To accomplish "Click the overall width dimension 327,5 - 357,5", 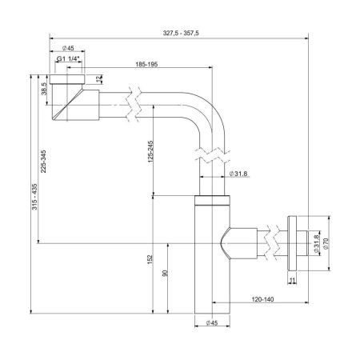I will point(180,34).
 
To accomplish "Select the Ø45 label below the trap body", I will point(212,322).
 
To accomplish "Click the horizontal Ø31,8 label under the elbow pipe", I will point(238,174).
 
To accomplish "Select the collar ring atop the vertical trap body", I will point(212,201).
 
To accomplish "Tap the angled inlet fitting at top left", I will point(68,101).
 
